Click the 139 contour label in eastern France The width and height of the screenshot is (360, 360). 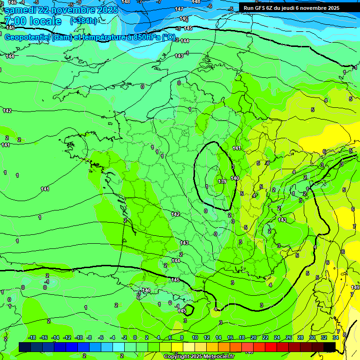[x=222, y=181]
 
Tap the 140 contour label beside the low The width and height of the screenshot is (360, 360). [x=235, y=178]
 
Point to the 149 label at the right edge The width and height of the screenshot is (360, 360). [x=355, y=287]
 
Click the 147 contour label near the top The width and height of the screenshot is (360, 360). [x=179, y=9]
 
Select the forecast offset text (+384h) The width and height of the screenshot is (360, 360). [x=83, y=21]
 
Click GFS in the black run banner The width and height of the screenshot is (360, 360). [x=260, y=8]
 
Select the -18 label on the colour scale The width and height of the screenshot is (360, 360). [x=32, y=337]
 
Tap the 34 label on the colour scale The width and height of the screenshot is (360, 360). [x=336, y=337]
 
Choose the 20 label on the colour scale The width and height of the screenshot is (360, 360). [x=253, y=337]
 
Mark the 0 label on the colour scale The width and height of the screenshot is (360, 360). [x=135, y=337]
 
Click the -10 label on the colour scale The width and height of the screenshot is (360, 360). [x=79, y=337]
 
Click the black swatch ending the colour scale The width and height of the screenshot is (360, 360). [x=330, y=347]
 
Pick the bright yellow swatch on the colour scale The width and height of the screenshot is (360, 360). [x=177, y=347]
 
